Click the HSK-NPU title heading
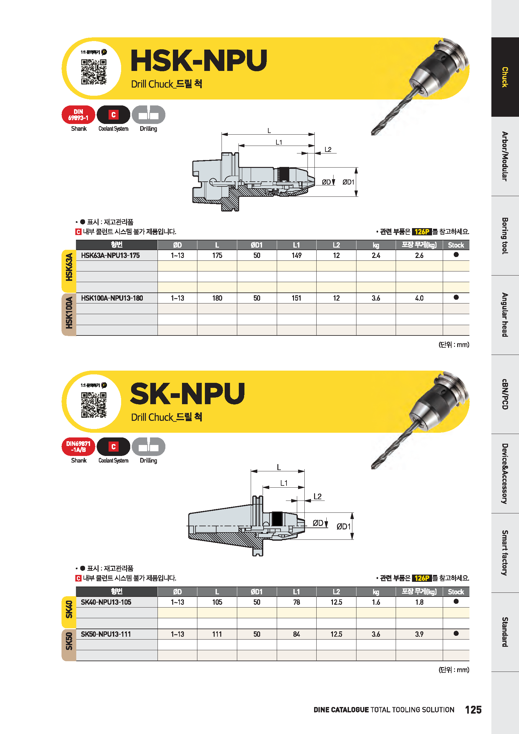(x=199, y=61)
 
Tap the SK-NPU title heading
(x=188, y=394)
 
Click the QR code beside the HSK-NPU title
(x=94, y=72)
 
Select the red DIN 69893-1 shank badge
(x=78, y=115)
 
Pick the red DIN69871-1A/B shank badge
(x=78, y=447)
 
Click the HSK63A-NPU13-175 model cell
(x=110, y=255)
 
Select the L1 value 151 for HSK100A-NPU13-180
(x=296, y=298)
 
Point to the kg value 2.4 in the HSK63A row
(x=376, y=255)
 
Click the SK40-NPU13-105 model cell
(x=106, y=602)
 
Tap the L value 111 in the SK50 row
(x=217, y=634)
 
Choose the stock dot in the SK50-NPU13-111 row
(x=456, y=633)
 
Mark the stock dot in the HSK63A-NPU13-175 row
(x=456, y=254)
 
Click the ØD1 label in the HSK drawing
(x=348, y=182)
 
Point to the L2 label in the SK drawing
(x=317, y=496)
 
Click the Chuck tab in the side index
(x=505, y=77)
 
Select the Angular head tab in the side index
(x=505, y=315)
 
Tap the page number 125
(x=473, y=710)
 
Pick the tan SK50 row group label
(x=69, y=645)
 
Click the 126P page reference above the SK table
(x=422, y=578)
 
